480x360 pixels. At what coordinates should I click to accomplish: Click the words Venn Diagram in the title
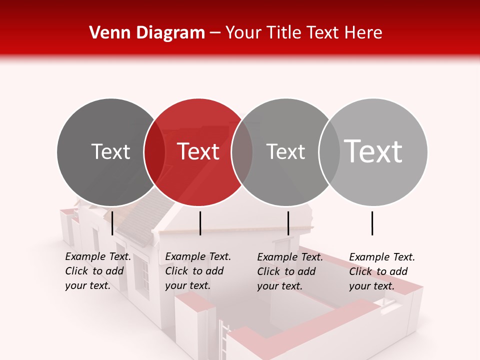tap(146, 33)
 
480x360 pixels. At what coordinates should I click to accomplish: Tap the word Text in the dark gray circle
tap(110, 151)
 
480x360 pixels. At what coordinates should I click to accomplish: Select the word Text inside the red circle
tap(198, 151)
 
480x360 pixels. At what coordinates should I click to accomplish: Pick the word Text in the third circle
tap(285, 151)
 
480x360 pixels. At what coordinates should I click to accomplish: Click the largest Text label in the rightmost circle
tap(373, 151)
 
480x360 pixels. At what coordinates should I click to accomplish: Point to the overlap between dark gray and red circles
tap(154, 152)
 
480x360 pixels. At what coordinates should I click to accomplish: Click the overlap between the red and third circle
tap(242, 152)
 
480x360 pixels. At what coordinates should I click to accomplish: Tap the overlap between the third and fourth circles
tap(329, 152)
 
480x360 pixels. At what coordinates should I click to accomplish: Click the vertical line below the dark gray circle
tap(112, 223)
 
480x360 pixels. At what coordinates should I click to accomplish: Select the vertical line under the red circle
tap(200, 223)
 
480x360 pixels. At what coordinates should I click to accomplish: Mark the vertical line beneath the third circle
tap(288, 223)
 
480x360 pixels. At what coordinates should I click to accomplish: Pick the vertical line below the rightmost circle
tap(372, 223)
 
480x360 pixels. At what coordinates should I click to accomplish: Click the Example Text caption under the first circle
tap(97, 271)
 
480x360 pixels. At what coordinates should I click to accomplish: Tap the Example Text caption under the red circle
tap(197, 271)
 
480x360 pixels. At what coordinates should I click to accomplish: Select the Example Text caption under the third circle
tap(289, 271)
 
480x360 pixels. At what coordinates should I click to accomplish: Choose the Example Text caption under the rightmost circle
tap(381, 271)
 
